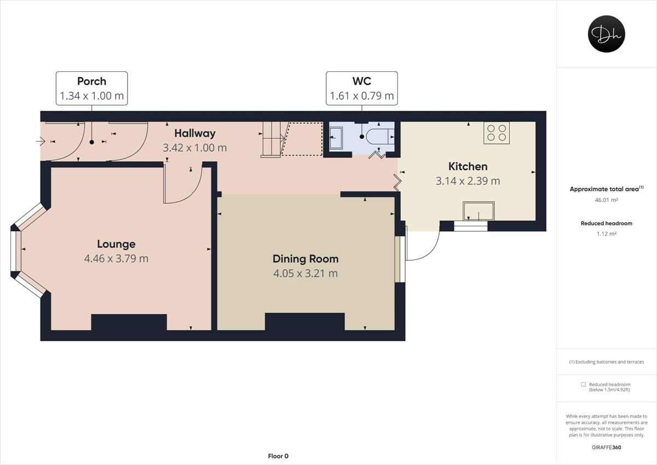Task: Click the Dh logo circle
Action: (x=606, y=34)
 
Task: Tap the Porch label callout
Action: (x=91, y=88)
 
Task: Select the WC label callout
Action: (x=361, y=88)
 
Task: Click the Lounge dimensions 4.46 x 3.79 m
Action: (x=116, y=258)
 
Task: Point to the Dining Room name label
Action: (x=306, y=259)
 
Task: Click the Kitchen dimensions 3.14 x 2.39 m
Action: (x=468, y=180)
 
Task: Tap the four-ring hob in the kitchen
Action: (x=497, y=133)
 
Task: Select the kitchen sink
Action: (x=478, y=211)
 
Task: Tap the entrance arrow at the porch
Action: (x=41, y=141)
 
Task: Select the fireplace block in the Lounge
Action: (x=129, y=322)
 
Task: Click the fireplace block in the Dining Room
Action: (x=304, y=321)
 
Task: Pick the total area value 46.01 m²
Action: (x=606, y=200)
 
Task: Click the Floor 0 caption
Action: (x=278, y=456)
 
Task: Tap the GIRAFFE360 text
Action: (x=606, y=447)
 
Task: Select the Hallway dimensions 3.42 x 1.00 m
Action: (x=194, y=148)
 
